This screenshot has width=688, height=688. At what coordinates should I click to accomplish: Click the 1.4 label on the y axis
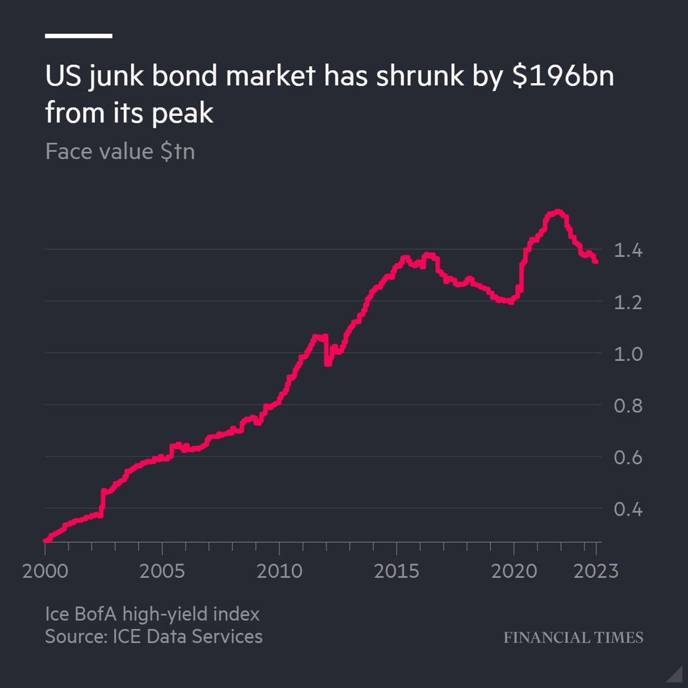pyautogui.click(x=628, y=251)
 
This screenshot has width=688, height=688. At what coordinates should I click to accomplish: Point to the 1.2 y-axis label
pyautogui.click(x=628, y=302)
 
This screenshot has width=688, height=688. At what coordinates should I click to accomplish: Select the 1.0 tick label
pyautogui.click(x=628, y=354)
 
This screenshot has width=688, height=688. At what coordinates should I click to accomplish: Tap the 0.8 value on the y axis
pyautogui.click(x=628, y=406)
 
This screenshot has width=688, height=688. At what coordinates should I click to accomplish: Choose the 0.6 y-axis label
pyautogui.click(x=628, y=458)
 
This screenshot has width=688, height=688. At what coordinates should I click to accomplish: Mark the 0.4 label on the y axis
pyautogui.click(x=628, y=509)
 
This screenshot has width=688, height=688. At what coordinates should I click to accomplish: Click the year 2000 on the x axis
pyautogui.click(x=45, y=571)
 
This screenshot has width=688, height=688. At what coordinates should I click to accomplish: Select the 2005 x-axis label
pyautogui.click(x=162, y=571)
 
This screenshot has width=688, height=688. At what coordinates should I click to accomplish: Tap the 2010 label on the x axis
pyautogui.click(x=279, y=571)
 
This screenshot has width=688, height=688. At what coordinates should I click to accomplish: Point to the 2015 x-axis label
pyautogui.click(x=397, y=571)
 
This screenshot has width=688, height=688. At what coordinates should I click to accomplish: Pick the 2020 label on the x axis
pyautogui.click(x=514, y=571)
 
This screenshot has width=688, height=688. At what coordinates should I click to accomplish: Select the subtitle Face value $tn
pyautogui.click(x=120, y=152)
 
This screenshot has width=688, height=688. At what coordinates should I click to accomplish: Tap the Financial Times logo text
pyautogui.click(x=573, y=638)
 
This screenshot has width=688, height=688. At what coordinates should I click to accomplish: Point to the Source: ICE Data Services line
pyautogui.click(x=154, y=636)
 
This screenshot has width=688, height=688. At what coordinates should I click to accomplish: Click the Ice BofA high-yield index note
pyautogui.click(x=153, y=615)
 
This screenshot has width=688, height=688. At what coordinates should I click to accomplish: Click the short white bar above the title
pyautogui.click(x=79, y=36)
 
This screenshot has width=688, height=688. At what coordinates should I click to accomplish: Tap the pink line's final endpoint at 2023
pyautogui.click(x=596, y=261)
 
